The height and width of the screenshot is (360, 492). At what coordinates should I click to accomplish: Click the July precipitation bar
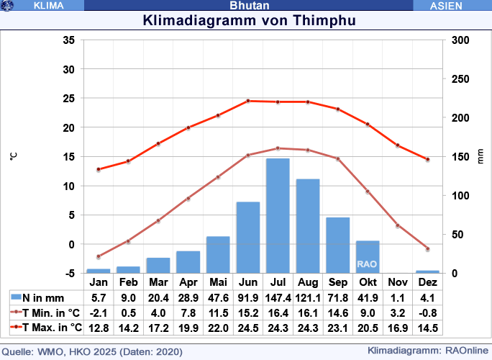tap(278, 215)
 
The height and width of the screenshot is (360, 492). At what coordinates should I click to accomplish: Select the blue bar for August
tap(308, 225)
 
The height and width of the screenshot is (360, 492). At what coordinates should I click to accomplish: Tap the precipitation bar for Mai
tap(218, 254)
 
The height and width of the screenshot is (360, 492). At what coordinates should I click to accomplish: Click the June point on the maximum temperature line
tap(248, 101)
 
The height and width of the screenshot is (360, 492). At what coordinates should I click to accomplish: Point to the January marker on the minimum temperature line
tap(99, 256)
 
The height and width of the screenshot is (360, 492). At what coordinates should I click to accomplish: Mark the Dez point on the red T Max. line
tap(427, 159)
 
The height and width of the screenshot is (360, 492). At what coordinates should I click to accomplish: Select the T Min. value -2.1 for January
tap(99, 312)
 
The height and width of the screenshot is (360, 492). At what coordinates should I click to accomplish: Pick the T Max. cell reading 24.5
tap(248, 328)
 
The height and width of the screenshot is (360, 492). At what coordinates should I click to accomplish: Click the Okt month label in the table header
tap(368, 282)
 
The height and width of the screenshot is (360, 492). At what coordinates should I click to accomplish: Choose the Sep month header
tap(337, 282)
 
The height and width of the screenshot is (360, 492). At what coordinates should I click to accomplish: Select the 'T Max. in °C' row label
tap(46, 328)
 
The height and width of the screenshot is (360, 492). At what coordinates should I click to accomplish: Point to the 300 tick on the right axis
tap(457, 40)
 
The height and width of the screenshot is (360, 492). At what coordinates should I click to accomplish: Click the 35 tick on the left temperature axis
tap(69, 40)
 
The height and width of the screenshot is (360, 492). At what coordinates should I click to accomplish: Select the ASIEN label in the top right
tap(451, 5)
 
